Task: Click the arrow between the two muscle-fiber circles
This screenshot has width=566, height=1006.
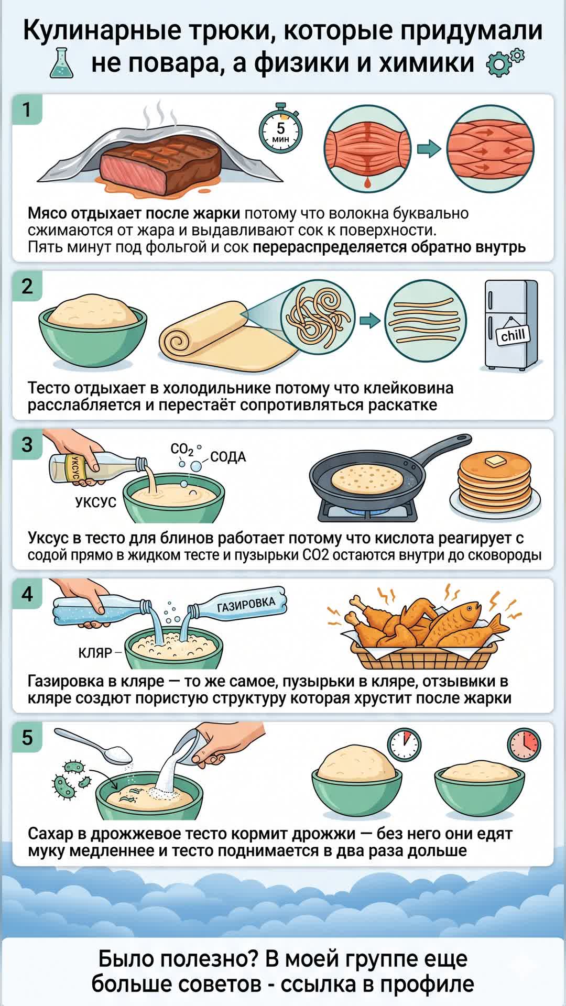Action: pyautogui.click(x=429, y=149)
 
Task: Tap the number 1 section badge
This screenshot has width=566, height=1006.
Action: pyautogui.click(x=27, y=110)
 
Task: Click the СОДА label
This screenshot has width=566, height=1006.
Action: pyautogui.click(x=228, y=457)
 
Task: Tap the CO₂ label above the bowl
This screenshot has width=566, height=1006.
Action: pyautogui.click(x=182, y=450)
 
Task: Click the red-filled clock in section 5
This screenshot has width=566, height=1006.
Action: pyautogui.click(x=524, y=743)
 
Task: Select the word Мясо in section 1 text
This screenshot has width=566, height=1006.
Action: pyautogui.click(x=47, y=214)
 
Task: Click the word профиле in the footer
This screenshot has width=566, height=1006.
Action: pyautogui.click(x=427, y=984)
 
